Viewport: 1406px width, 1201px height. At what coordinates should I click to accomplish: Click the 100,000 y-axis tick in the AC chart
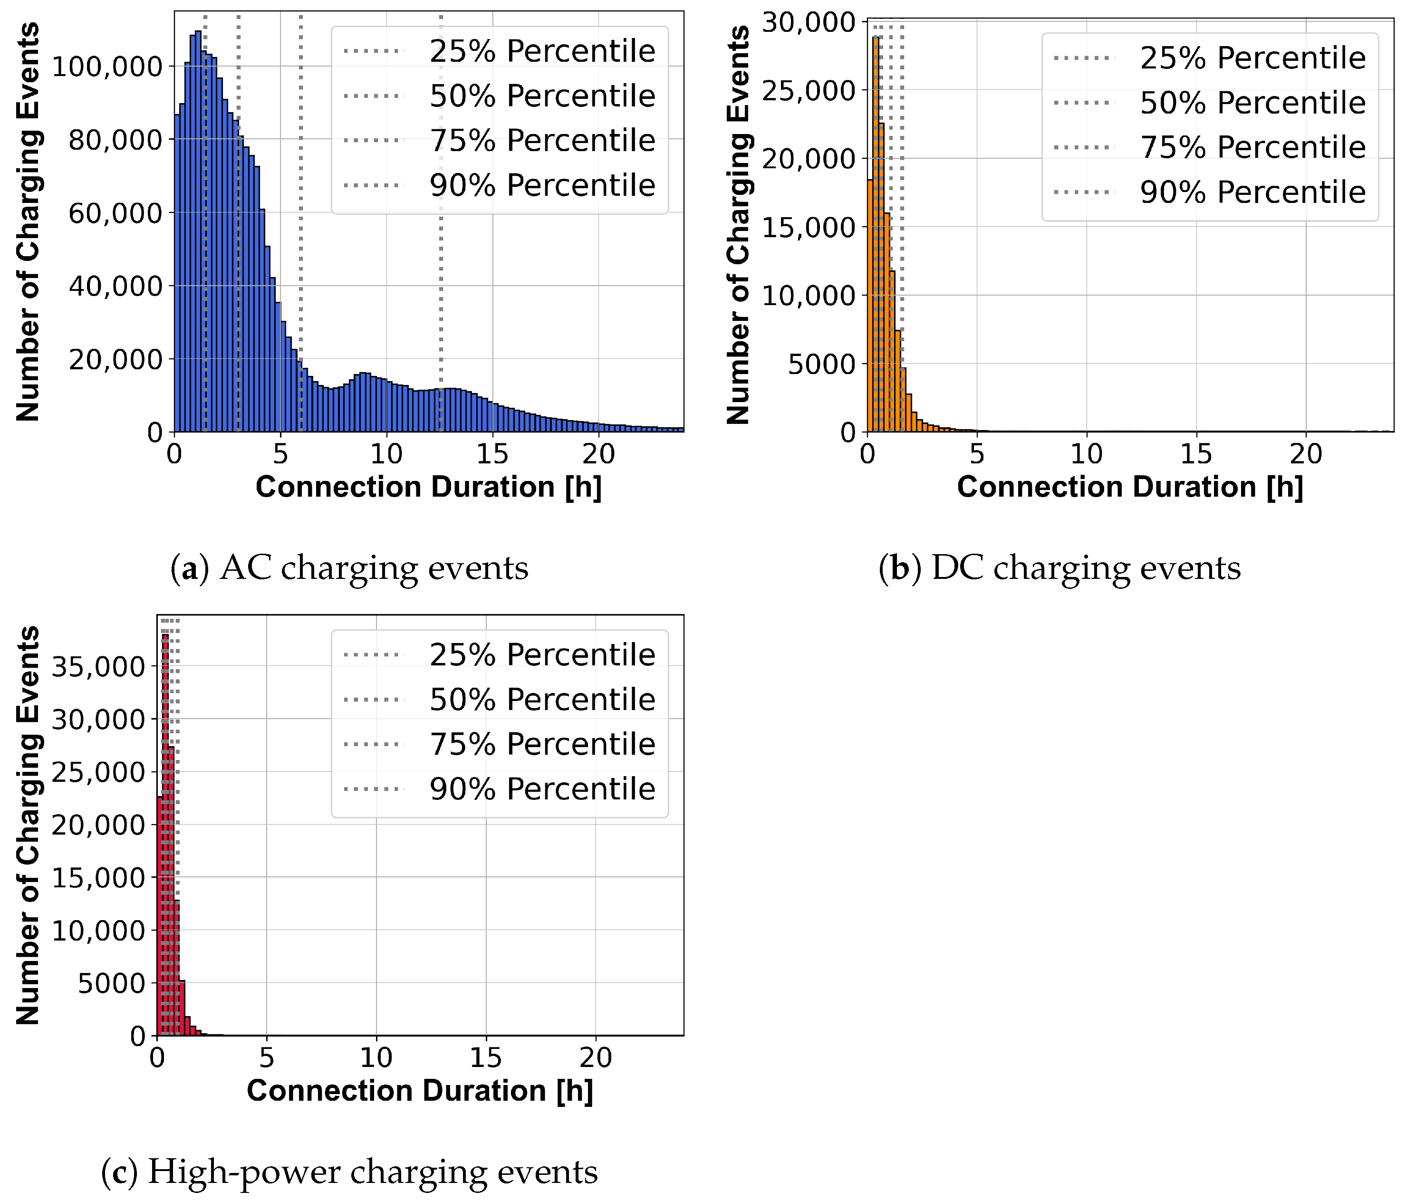pos(107,67)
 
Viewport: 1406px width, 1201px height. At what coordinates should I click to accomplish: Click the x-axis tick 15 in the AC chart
pos(492,454)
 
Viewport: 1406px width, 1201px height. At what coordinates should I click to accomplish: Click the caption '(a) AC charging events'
pos(349,567)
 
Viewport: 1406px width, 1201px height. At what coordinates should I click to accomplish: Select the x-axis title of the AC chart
pos(428,487)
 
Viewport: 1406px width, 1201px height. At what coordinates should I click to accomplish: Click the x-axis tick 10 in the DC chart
pos(1087,454)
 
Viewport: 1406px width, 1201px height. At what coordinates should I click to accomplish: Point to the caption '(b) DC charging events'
pos(1059,567)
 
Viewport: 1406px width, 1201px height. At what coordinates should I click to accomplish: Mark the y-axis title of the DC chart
pos(738,224)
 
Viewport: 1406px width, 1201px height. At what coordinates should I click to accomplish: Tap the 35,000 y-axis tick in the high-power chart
pos(98,666)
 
